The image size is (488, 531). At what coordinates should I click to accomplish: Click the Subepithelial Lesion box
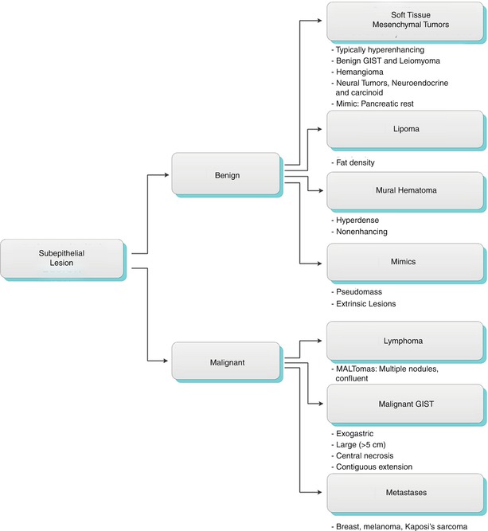pyautogui.click(x=61, y=258)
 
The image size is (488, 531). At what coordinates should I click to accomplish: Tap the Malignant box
pyautogui.click(x=226, y=362)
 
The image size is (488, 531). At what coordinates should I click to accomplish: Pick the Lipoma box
pyautogui.click(x=405, y=127)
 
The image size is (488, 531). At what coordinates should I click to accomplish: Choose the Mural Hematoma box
pyautogui.click(x=405, y=190)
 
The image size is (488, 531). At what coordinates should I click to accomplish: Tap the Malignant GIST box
pyautogui.click(x=405, y=404)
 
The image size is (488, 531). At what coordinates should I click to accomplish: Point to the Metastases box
pyautogui.click(x=405, y=493)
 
